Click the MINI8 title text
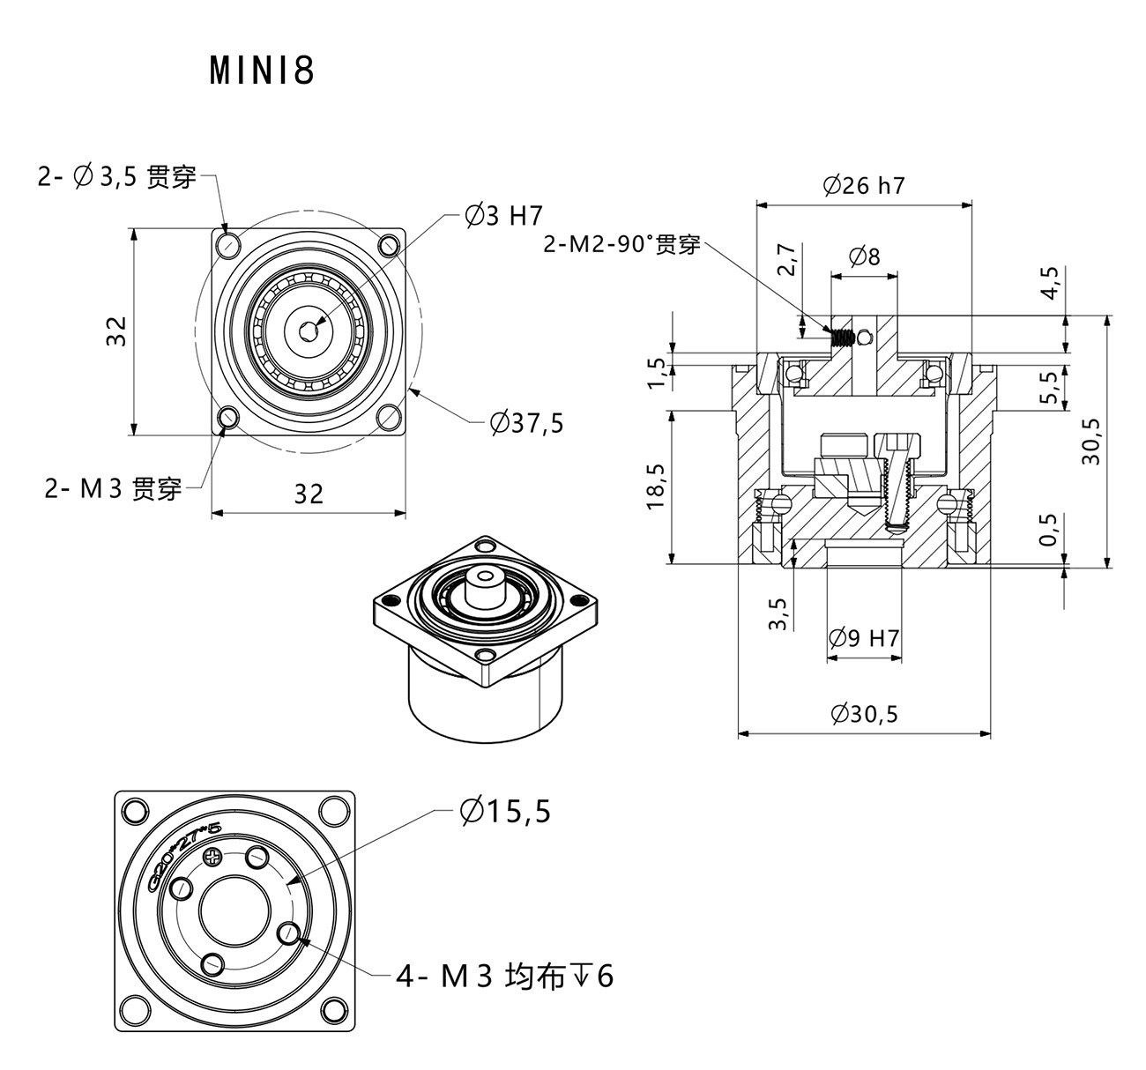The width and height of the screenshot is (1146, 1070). click(x=262, y=71)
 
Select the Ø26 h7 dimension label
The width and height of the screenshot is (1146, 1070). click(x=863, y=185)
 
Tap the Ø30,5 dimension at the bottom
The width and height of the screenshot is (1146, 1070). click(x=863, y=713)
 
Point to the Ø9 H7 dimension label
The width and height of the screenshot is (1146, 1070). click(x=864, y=637)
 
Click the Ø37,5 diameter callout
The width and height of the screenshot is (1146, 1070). click(x=526, y=423)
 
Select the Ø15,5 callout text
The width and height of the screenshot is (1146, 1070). click(x=504, y=811)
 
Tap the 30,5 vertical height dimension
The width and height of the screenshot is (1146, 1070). click(x=1090, y=441)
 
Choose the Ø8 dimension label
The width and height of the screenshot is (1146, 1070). click(x=864, y=256)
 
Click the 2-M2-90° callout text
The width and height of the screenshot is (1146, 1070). click(x=621, y=244)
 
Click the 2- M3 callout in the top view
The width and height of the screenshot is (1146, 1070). click(x=113, y=487)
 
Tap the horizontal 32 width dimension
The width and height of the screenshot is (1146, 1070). click(x=309, y=494)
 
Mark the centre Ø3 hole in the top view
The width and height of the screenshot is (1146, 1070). click(x=309, y=331)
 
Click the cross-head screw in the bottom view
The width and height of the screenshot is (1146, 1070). click(x=212, y=857)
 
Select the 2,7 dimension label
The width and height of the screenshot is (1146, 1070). click(x=788, y=260)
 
